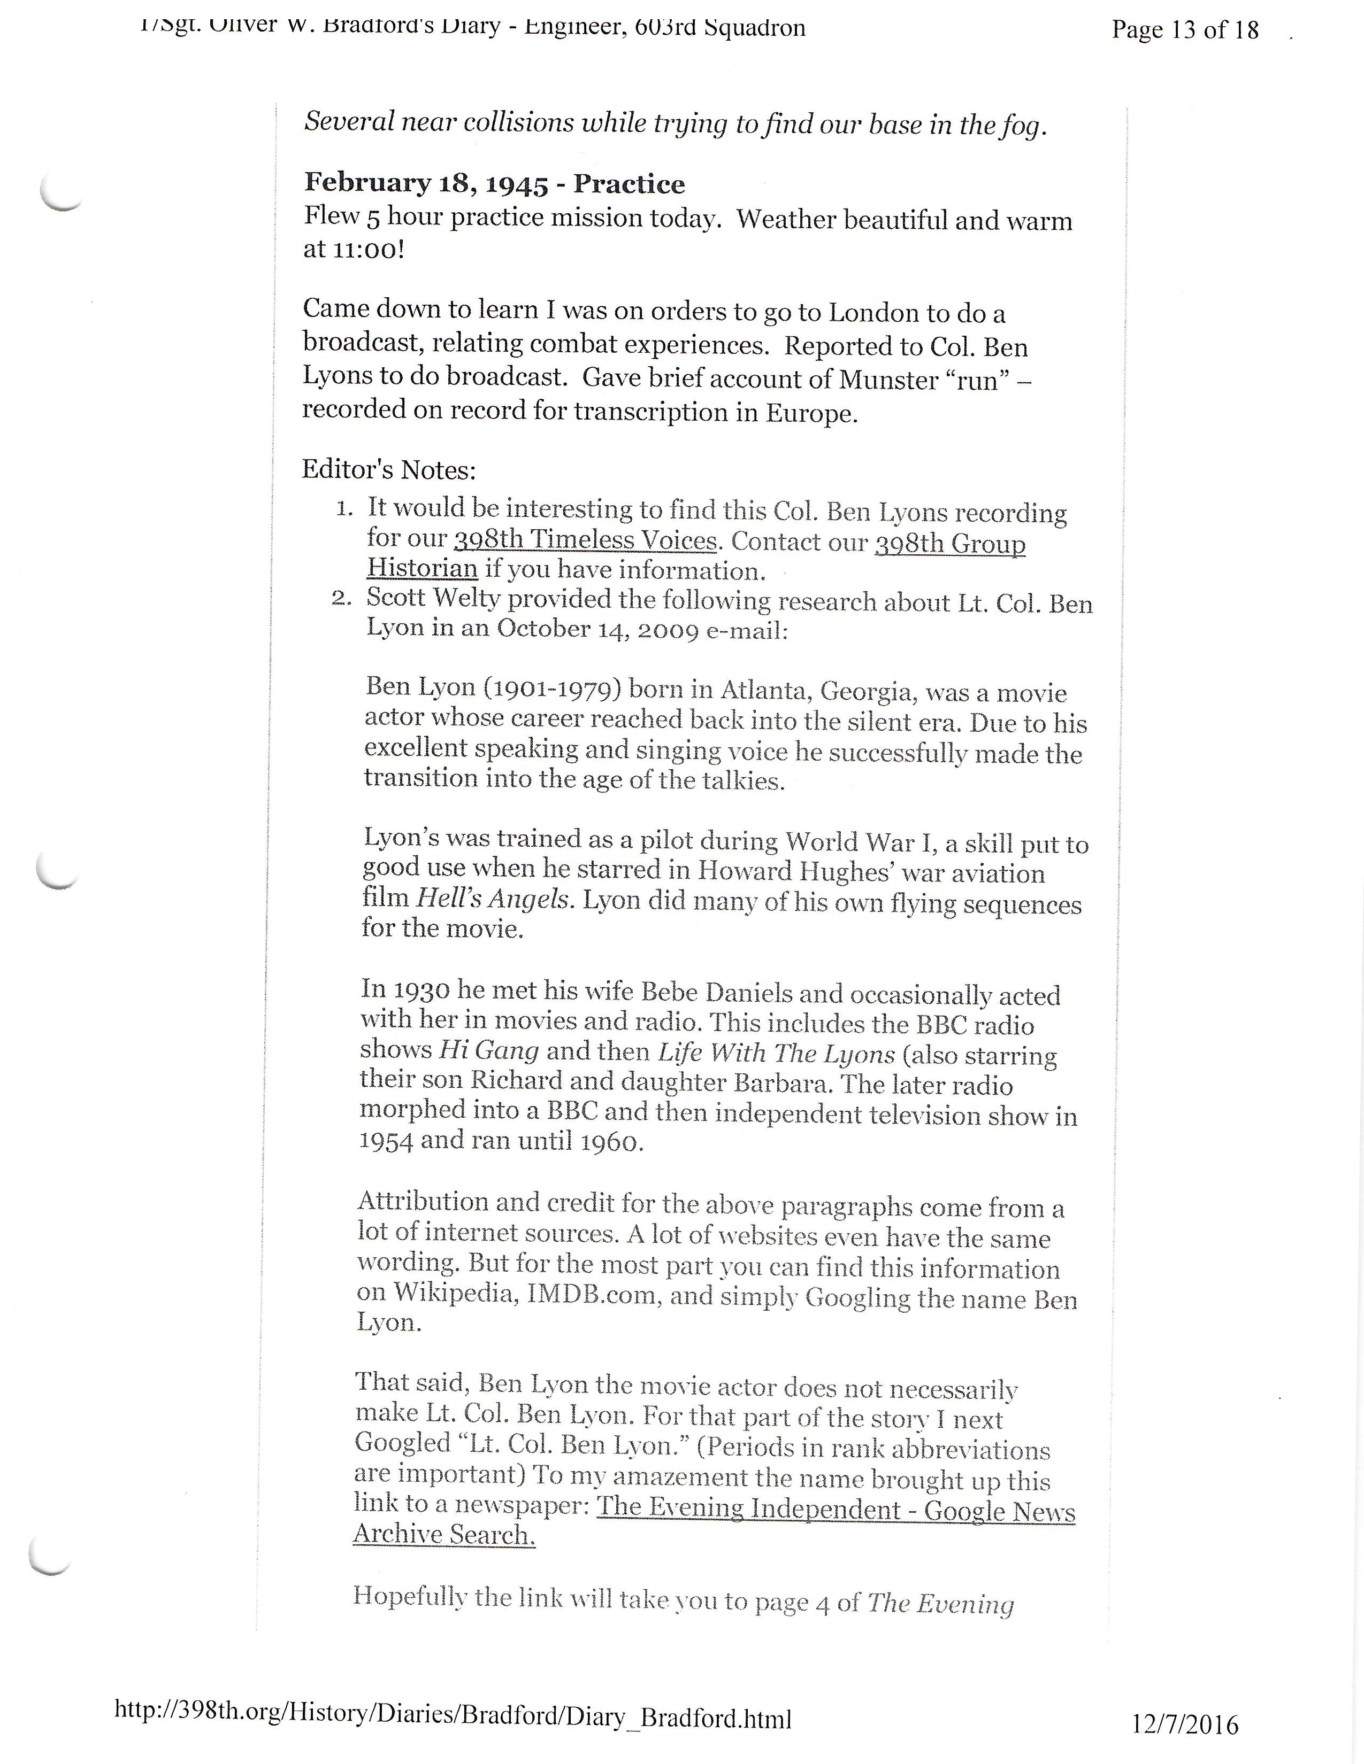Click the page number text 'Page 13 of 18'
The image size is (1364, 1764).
[1185, 30]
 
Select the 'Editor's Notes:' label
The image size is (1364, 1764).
[389, 469]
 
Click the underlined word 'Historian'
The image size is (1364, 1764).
[422, 569]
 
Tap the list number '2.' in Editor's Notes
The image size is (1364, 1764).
[341, 599]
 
